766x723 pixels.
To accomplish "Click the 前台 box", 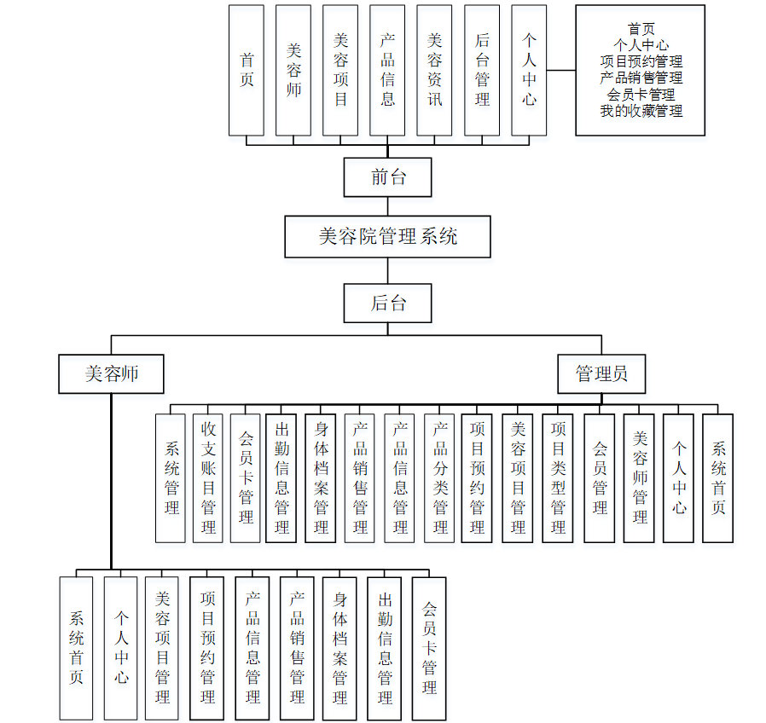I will (x=387, y=177).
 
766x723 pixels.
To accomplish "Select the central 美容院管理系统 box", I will (x=387, y=236).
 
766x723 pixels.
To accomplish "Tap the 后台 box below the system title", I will (x=387, y=304).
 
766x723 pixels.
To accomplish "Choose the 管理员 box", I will (x=601, y=373).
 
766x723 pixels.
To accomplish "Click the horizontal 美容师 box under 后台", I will (x=112, y=373).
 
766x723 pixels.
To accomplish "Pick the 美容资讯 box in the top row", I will (x=434, y=70).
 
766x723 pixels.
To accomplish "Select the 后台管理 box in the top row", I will (x=481, y=70).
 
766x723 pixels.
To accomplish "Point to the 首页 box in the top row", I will (x=247, y=70).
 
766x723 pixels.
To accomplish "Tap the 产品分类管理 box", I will (x=440, y=477).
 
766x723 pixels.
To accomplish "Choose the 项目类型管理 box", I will (x=558, y=477).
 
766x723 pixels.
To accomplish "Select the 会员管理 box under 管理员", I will (x=599, y=477).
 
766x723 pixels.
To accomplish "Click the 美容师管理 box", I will (x=639, y=477).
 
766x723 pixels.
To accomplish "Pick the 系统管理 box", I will (x=171, y=477).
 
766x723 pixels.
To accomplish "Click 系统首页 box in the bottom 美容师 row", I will (x=76, y=648).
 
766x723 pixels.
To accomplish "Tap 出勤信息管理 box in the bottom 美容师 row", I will (x=385, y=648).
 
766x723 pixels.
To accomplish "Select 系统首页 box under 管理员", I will (x=717, y=477).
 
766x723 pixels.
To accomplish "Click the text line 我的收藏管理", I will (x=641, y=111).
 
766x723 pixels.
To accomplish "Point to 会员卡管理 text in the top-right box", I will (x=641, y=95).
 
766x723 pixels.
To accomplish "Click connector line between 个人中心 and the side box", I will (x=560, y=70).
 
